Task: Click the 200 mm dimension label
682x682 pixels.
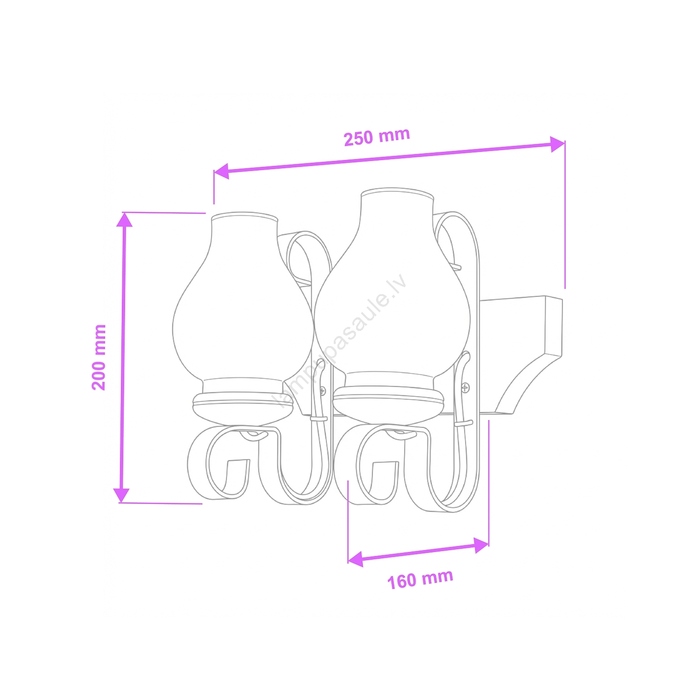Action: (x=99, y=357)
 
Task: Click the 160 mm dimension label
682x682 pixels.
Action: (x=420, y=579)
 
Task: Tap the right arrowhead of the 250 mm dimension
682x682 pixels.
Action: (x=557, y=144)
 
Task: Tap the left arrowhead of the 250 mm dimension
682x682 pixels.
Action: (x=221, y=171)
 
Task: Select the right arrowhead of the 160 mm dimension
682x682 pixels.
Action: (x=481, y=545)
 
